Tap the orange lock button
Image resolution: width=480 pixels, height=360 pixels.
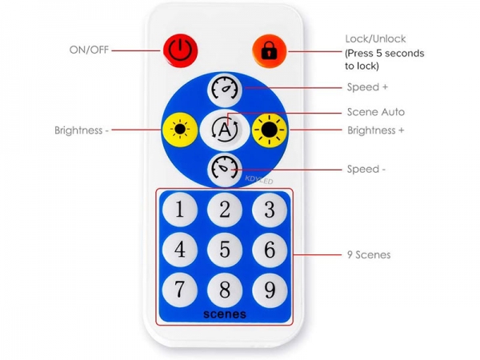(x=270, y=51)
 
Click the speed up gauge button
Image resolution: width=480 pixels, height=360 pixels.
(x=225, y=90)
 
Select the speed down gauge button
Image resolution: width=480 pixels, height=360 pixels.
(x=225, y=170)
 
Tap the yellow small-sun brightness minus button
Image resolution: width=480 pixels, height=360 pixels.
(x=180, y=130)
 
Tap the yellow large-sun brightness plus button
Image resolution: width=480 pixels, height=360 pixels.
(x=270, y=130)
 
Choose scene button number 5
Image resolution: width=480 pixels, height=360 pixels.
(x=225, y=249)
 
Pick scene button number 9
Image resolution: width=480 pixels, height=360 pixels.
(x=270, y=290)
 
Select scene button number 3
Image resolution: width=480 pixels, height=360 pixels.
(x=270, y=210)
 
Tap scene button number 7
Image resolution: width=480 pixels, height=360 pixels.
(x=180, y=290)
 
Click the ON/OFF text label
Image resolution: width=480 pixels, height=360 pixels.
(x=89, y=50)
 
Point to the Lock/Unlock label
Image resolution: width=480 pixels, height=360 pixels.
(x=376, y=39)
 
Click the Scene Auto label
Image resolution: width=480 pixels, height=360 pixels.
(x=376, y=112)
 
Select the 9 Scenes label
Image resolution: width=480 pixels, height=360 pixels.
(x=369, y=254)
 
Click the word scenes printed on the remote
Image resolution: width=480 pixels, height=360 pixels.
(x=225, y=314)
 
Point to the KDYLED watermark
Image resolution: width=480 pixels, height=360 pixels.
(x=259, y=180)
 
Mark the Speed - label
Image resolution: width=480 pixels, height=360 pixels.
(x=366, y=169)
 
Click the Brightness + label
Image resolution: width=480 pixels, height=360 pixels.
(x=376, y=130)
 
